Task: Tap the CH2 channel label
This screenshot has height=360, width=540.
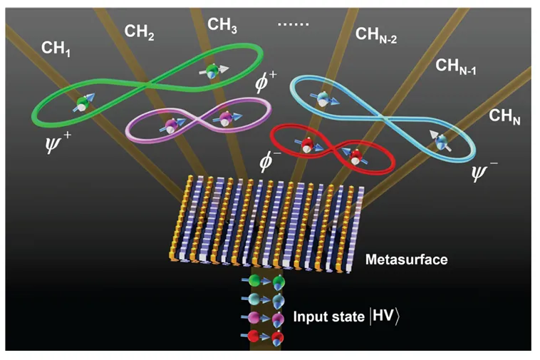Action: (x=140, y=32)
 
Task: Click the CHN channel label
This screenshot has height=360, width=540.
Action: (x=504, y=116)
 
